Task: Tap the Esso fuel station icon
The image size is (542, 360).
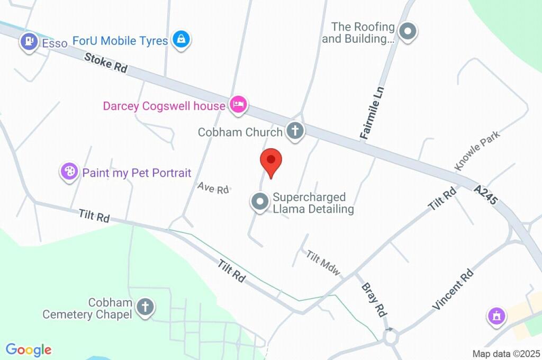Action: pyautogui.click(x=29, y=41)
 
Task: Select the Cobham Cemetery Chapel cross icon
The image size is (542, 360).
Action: pyautogui.click(x=144, y=307)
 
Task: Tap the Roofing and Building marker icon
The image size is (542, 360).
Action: pyautogui.click(x=408, y=32)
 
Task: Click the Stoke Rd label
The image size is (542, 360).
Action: pyautogui.click(x=106, y=62)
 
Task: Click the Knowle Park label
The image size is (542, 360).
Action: pyautogui.click(x=477, y=150)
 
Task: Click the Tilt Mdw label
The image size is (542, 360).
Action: pyautogui.click(x=323, y=263)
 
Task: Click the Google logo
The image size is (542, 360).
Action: pyautogui.click(x=29, y=349)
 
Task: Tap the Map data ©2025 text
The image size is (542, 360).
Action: pyautogui.click(x=506, y=354)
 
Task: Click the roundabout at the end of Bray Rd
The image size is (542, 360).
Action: pyautogui.click(x=391, y=336)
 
